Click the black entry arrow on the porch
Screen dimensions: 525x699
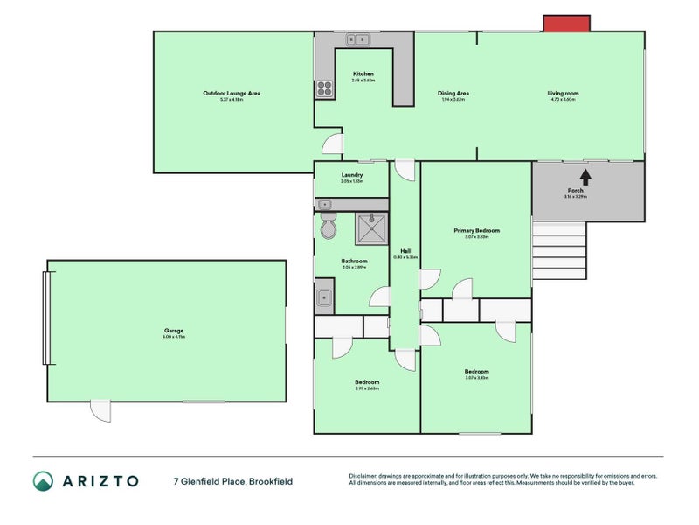585,176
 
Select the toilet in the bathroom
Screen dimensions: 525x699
328,227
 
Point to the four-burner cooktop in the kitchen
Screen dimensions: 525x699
324,87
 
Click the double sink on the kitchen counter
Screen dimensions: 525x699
356,39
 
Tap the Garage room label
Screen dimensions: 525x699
173,331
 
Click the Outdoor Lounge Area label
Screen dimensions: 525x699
232,93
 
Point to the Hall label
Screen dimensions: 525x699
405,251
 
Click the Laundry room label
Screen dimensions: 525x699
352,174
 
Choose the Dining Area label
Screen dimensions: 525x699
453,93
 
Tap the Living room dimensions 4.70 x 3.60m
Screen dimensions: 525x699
562,100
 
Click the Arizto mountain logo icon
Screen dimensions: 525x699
43,481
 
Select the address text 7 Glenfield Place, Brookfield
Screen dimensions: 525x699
232,481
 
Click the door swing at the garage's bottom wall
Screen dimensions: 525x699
102,410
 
